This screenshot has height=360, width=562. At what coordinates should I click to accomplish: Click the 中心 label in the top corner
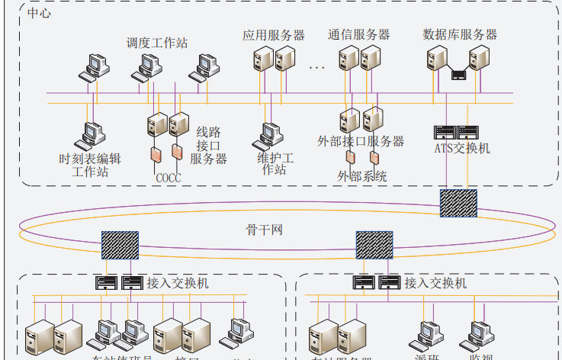pos(39,14)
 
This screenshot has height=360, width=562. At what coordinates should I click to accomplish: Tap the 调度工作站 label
pos(157,43)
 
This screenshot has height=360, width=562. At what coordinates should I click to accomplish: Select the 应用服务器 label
pos(274,35)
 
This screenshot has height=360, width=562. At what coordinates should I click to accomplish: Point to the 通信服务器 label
pos(359,35)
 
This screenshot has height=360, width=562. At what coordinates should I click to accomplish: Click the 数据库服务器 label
pos(460,35)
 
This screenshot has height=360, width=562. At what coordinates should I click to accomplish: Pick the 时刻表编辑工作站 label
pos(90,166)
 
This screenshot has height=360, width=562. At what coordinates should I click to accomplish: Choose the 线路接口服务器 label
pos(208,145)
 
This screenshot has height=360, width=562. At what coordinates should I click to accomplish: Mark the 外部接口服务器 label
pos(361,141)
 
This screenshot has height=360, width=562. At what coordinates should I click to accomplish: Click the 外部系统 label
pos(362,176)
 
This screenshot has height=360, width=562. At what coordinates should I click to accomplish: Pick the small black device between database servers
pos(458,75)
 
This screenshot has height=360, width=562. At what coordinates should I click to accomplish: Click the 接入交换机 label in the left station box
pos(178,284)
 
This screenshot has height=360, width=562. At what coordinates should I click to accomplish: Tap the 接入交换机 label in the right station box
pos(435,284)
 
